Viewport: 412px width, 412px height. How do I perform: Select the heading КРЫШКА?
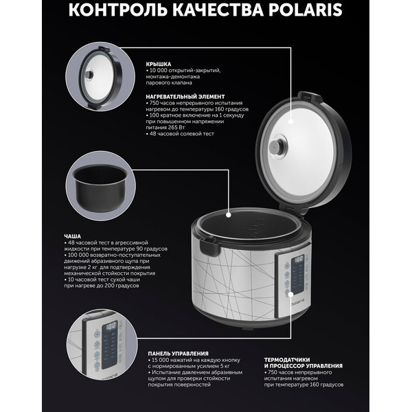[157, 63]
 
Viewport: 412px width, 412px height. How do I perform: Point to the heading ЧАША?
[54, 235]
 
